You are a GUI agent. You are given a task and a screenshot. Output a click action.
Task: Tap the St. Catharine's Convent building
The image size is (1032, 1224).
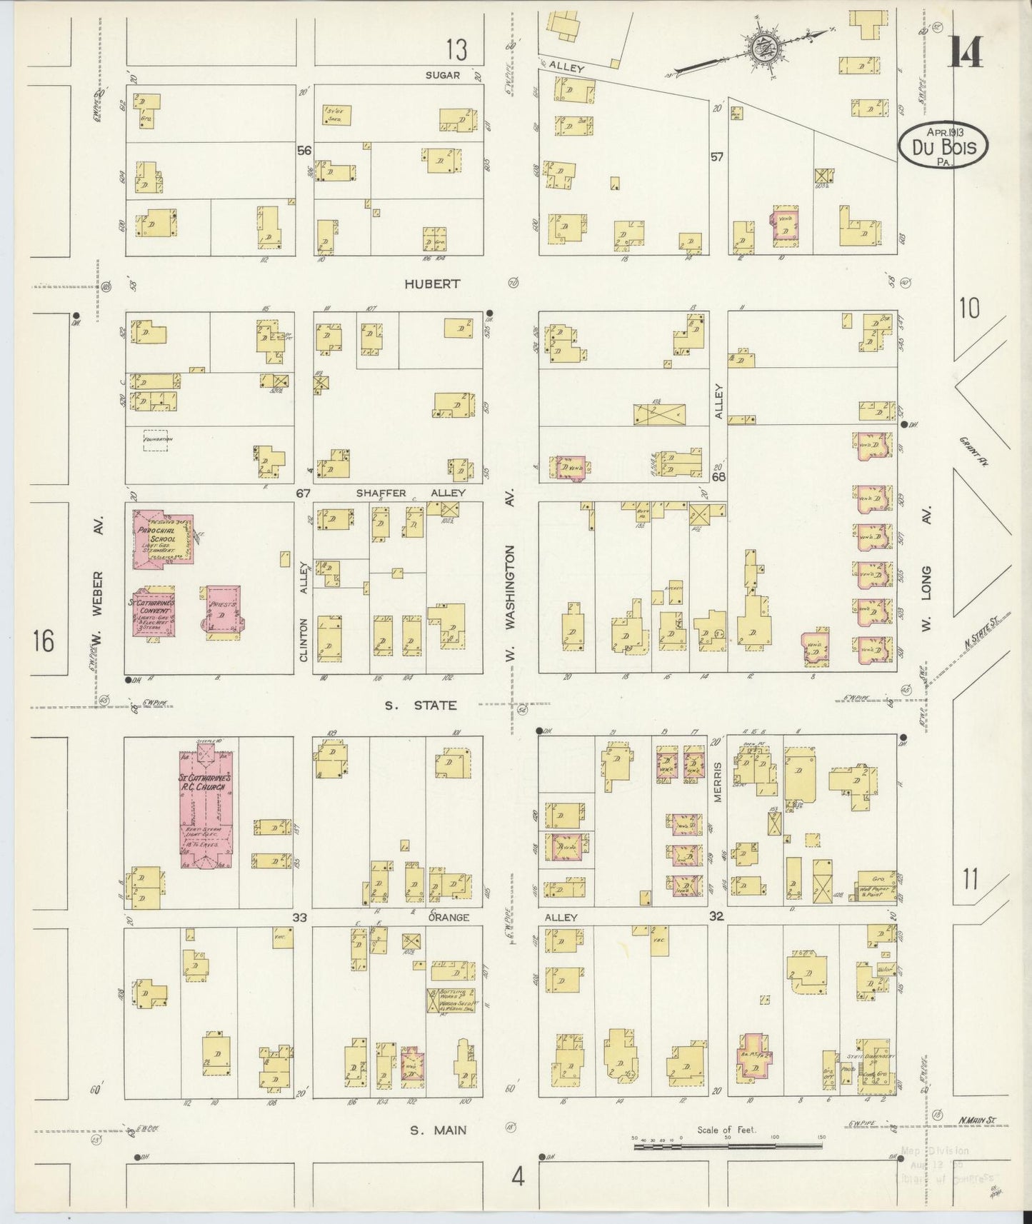(153, 612)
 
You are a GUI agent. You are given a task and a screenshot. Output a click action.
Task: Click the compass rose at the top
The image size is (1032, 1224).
(764, 48)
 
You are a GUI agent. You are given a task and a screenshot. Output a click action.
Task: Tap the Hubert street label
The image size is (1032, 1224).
(432, 284)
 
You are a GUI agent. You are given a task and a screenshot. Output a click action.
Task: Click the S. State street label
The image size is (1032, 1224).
(421, 705)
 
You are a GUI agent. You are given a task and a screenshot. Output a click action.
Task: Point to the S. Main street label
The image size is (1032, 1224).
(439, 1130)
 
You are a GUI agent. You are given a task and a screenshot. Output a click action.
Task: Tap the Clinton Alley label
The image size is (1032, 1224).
(304, 611)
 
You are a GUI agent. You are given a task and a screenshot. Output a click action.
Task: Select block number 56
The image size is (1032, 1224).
(305, 151)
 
